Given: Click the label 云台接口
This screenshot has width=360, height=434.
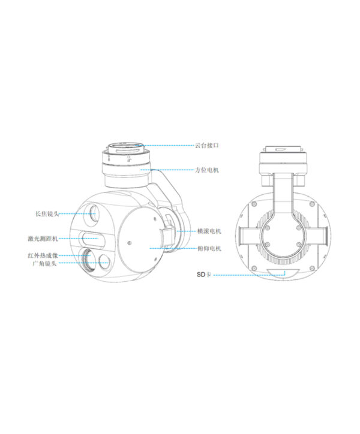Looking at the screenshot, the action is pos(207,145).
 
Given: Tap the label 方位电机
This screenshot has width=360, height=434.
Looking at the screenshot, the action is pos(207,170).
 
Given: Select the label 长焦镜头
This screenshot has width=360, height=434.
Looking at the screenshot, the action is pos(47,213).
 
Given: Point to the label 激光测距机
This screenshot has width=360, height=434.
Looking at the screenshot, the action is pos(43,239).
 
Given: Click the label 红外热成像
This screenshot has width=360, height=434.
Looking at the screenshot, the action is pos(43,255).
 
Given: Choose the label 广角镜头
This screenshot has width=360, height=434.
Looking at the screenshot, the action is pos(44,263).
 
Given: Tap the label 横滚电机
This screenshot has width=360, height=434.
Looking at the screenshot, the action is pos(209,231).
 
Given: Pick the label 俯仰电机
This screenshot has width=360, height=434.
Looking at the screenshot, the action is pos(209,249).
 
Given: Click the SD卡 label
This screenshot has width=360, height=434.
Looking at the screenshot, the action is pos(204,275).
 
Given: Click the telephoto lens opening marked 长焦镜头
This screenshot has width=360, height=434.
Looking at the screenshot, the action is pos(92,213).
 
